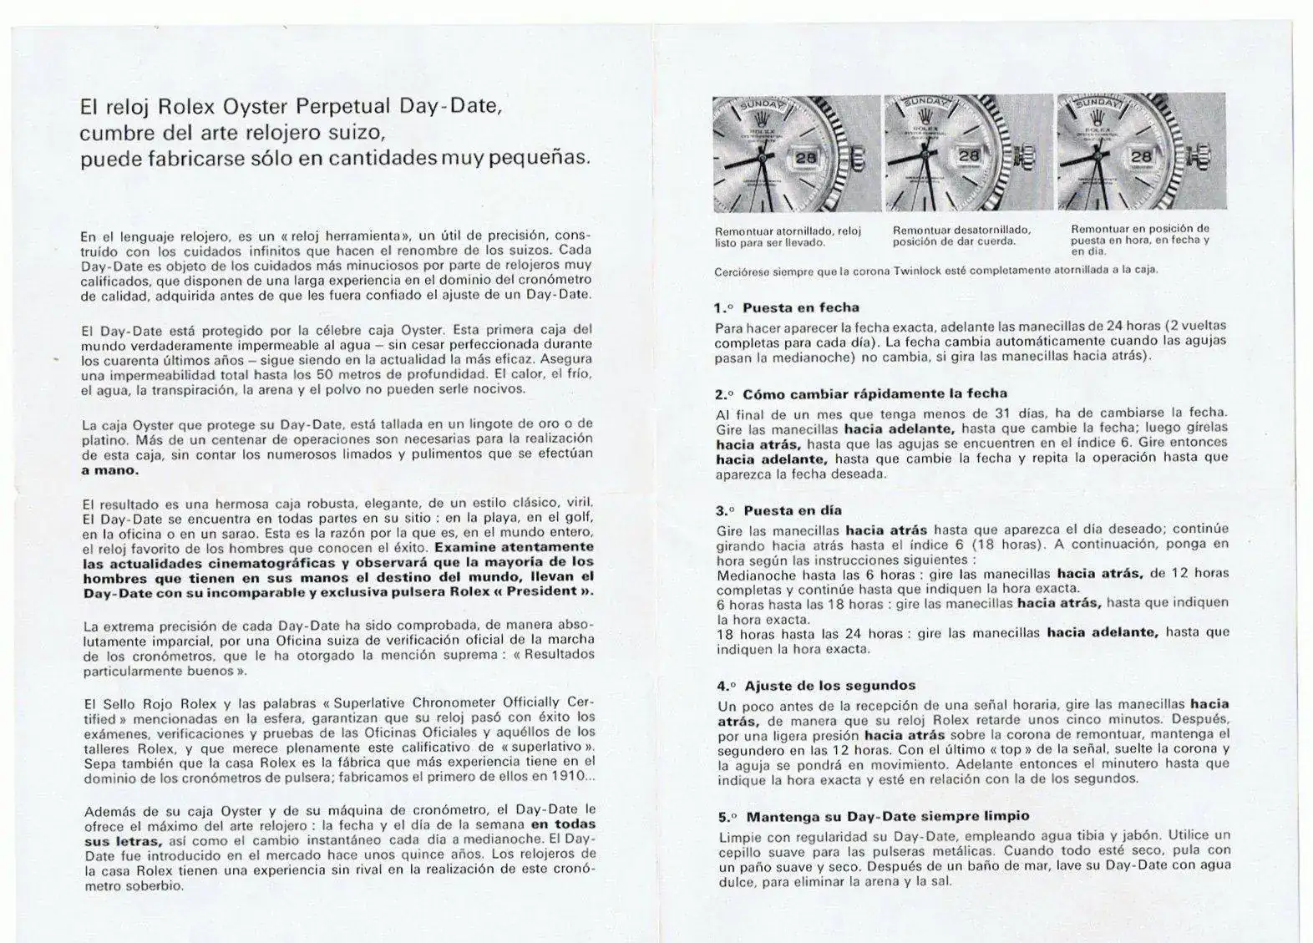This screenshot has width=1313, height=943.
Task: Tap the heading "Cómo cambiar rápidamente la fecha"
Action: [874, 393]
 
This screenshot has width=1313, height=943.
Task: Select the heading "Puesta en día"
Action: [793, 510]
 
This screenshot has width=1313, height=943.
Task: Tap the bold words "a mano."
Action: [110, 469]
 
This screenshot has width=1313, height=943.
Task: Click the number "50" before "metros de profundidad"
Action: [330, 374]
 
